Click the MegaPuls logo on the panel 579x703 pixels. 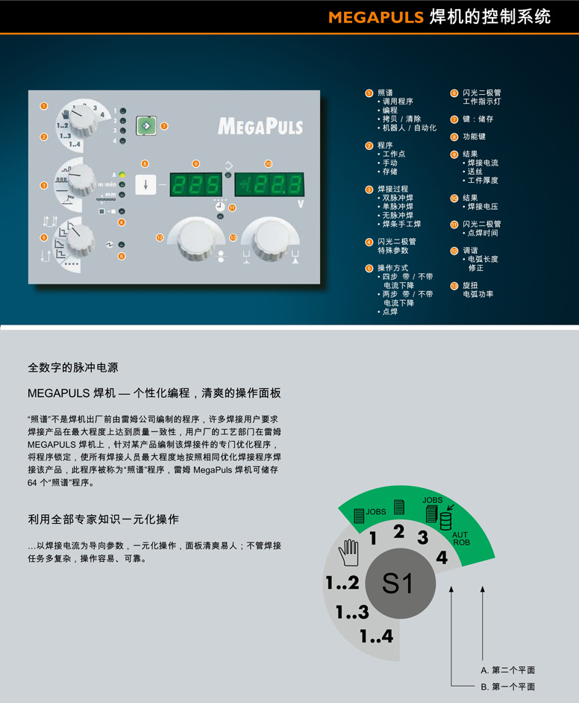coord(260,125)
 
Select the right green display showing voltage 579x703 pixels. coord(269,184)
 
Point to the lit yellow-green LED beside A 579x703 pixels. coord(122,174)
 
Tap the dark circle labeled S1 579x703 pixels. coord(397,584)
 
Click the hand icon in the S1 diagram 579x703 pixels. coord(349,555)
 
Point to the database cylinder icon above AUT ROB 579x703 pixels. coord(446,519)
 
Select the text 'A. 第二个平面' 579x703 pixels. coord(507,670)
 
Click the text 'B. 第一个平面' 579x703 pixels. coord(507,687)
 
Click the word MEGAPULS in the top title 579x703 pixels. coord(376,17)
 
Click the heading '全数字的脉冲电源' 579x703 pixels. coord(72,368)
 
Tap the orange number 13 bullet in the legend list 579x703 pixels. coord(454,286)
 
